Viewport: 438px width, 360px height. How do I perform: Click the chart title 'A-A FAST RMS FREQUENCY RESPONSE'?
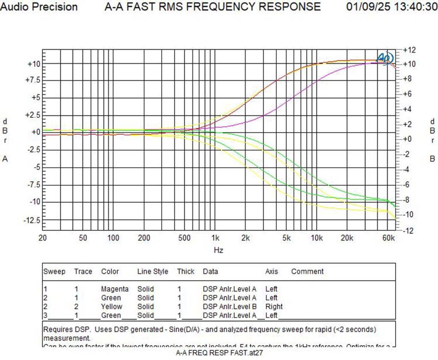(x=213, y=7)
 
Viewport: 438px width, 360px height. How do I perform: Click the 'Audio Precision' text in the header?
(x=39, y=7)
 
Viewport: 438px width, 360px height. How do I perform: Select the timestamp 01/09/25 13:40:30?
(x=391, y=7)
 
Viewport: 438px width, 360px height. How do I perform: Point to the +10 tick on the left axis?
(x=34, y=64)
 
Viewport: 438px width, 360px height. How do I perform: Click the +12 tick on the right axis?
(x=409, y=50)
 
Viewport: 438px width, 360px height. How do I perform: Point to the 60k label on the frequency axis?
(x=388, y=238)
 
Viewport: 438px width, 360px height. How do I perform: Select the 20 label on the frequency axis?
(x=42, y=238)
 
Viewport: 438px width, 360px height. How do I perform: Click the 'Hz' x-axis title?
(x=219, y=250)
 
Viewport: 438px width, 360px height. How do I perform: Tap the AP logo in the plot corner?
(x=385, y=58)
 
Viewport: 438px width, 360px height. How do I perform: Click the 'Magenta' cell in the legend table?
(x=115, y=289)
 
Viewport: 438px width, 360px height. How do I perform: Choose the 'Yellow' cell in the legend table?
(x=111, y=306)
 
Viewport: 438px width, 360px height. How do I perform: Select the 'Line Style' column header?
(x=152, y=271)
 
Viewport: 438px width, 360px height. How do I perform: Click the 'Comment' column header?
(x=307, y=271)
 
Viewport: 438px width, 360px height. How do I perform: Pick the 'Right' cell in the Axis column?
(x=274, y=306)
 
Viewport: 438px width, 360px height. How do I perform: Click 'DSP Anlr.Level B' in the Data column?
(x=229, y=306)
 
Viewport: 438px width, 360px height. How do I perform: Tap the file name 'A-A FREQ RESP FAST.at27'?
(x=219, y=353)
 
